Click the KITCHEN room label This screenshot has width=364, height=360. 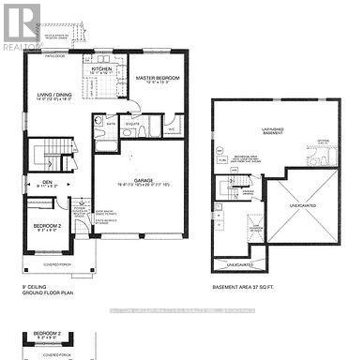point(101,68)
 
